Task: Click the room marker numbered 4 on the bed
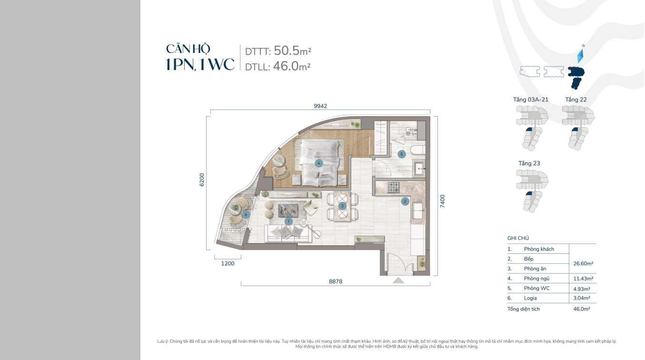[319, 163]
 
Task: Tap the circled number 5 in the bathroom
[402, 154]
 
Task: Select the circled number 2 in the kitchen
[405, 201]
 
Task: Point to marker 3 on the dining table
[342, 206]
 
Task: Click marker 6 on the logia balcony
[246, 214]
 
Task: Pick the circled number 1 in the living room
[288, 221]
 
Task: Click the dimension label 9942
[320, 106]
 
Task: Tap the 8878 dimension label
[336, 281]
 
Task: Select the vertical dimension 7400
[442, 201]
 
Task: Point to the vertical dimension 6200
[202, 180]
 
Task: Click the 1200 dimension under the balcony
[228, 263]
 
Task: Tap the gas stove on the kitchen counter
[394, 187]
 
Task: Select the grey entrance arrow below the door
[398, 280]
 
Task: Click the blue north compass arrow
[581, 56]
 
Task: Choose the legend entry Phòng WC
[537, 288]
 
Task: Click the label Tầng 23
[529, 163]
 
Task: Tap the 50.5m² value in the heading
[292, 50]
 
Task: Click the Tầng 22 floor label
[576, 100]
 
